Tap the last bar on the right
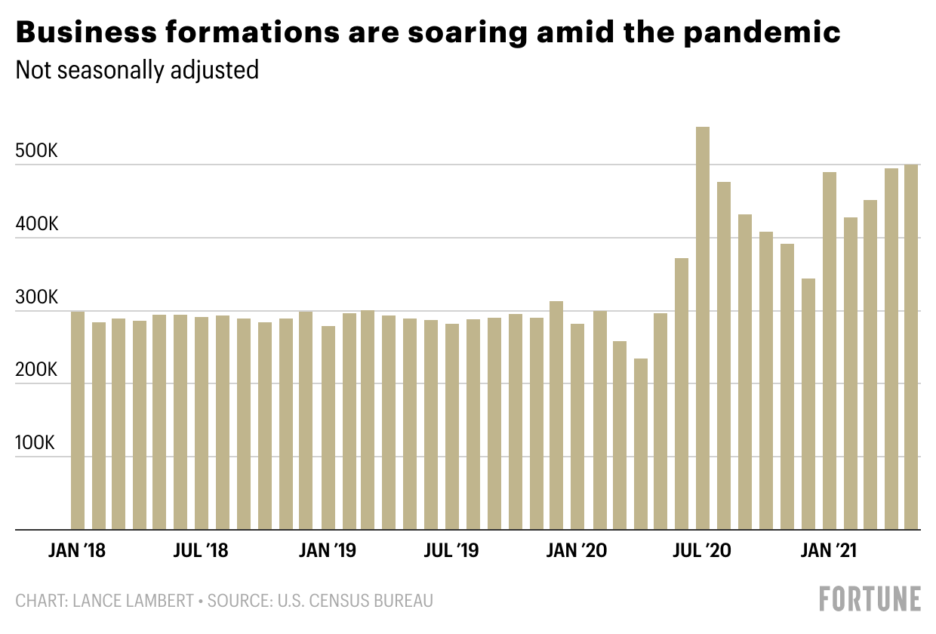click(911, 347)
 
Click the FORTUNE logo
click(870, 599)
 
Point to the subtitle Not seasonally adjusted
click(137, 70)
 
